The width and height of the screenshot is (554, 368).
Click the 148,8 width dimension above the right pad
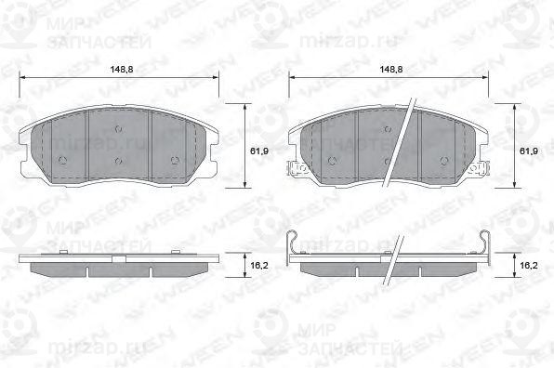pyautogui.click(x=390, y=70)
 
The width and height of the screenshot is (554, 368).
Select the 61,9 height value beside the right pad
pyautogui.click(x=529, y=151)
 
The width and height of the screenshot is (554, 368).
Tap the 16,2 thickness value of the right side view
pyautogui.click(x=528, y=265)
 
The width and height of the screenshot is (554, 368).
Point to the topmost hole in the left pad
pyautogui.click(x=119, y=129)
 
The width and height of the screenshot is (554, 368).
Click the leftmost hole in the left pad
pyautogui.click(x=61, y=160)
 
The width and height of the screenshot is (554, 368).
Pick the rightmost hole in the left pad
pyautogui.click(x=177, y=160)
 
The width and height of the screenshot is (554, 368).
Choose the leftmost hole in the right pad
pyautogui.click(x=333, y=160)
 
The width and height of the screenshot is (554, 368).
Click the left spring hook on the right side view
pyautogui.click(x=294, y=243)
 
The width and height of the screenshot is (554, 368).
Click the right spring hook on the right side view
pyautogui.click(x=486, y=243)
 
